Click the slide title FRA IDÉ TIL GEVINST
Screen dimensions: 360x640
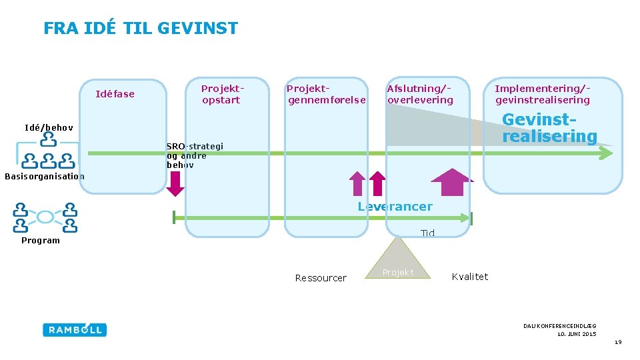coord(140,28)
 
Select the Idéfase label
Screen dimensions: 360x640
coord(115,94)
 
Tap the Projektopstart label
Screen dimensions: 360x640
coord(222,94)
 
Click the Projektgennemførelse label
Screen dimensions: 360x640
coord(326,94)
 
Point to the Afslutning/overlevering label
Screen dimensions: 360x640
coord(420,94)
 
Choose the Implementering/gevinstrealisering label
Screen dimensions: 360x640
coord(542,94)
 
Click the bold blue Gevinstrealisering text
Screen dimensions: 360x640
coord(549,128)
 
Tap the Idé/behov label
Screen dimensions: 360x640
coord(49,127)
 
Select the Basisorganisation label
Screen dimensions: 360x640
coord(45,177)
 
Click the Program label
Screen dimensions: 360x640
coord(41,241)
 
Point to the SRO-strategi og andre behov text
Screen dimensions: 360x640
coord(194,155)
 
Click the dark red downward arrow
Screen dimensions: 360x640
coord(175,183)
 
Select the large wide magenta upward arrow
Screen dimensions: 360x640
coord(452,182)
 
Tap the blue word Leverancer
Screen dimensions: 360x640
coord(395,207)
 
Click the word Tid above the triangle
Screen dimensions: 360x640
coord(427,233)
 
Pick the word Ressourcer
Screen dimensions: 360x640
coord(321,278)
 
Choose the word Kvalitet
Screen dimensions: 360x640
coord(470,277)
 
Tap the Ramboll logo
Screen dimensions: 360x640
coord(75,329)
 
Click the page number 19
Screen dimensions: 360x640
coord(618,342)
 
